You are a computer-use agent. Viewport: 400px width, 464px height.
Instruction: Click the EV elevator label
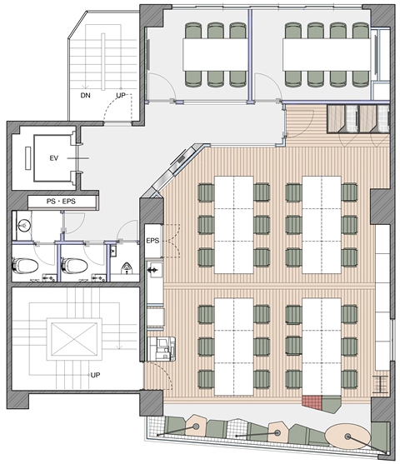click(53, 158)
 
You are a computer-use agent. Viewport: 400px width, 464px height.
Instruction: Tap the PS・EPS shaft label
click(61, 202)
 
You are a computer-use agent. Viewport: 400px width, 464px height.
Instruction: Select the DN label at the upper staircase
click(85, 95)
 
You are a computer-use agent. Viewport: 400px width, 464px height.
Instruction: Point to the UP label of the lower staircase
click(95, 375)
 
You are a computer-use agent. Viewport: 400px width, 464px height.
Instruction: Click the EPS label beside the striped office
click(152, 241)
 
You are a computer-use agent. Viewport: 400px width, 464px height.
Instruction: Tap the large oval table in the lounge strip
click(347, 436)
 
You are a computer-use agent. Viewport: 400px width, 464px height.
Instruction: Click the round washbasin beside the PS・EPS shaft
click(23, 226)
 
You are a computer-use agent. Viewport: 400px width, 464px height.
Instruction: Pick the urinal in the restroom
click(127, 267)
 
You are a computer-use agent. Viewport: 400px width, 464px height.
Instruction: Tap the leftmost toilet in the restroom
click(26, 266)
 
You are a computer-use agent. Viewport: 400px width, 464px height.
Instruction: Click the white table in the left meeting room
click(215, 54)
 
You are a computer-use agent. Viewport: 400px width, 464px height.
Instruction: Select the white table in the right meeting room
click(327, 54)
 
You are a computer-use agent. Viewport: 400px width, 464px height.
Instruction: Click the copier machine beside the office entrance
click(162, 349)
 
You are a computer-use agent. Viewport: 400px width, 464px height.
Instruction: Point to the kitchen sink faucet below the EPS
click(153, 270)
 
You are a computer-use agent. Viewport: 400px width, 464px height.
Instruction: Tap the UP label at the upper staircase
click(121, 95)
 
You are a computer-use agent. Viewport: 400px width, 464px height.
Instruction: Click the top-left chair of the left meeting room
click(193, 30)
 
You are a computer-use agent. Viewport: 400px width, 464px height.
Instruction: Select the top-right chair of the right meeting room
click(360, 30)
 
